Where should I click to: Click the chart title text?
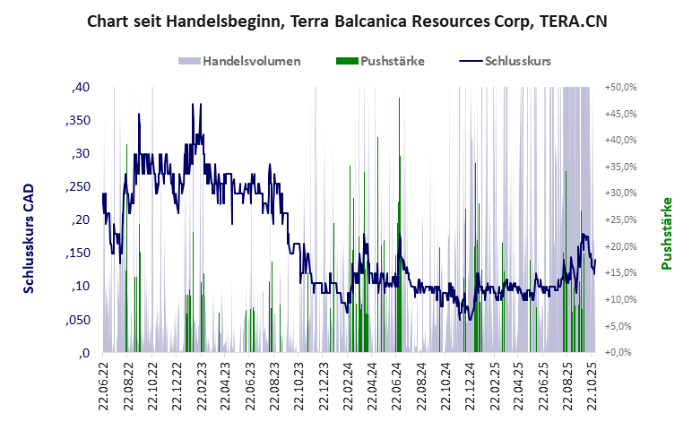(x=346, y=21)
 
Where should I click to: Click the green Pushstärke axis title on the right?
(x=666, y=233)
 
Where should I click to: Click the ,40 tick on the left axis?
(x=80, y=87)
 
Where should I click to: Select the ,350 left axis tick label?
(x=77, y=120)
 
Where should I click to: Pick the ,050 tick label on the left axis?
(x=77, y=320)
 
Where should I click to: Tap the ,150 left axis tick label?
(x=77, y=254)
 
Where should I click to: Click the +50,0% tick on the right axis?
(x=620, y=87)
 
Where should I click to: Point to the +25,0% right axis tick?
(x=620, y=220)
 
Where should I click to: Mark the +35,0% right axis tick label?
(x=620, y=167)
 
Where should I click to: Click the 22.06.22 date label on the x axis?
(x=103, y=384)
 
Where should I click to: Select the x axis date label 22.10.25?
(x=592, y=384)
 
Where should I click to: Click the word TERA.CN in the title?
(x=572, y=21)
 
